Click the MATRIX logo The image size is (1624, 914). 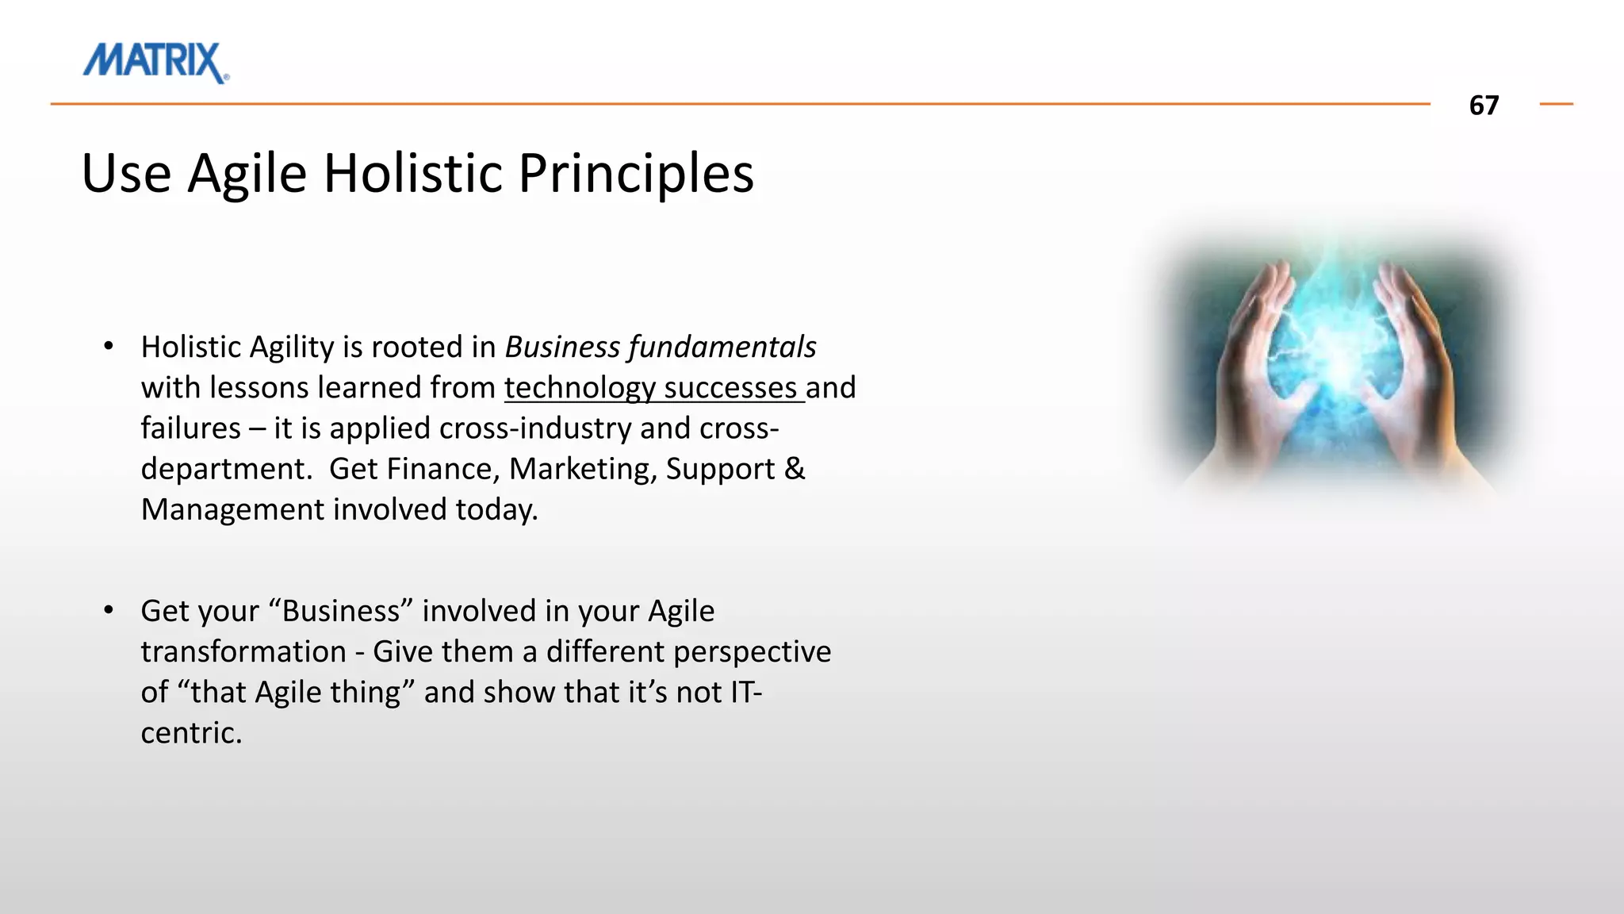point(155,62)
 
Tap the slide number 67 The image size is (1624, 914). point(1484,106)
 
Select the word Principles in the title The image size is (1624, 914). point(636,173)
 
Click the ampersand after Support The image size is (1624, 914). point(795,469)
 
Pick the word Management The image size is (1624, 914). point(232,509)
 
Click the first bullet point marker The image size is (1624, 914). point(109,346)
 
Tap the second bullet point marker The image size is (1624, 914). point(109,610)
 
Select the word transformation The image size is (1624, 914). point(243,651)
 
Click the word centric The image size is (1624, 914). point(190,733)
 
